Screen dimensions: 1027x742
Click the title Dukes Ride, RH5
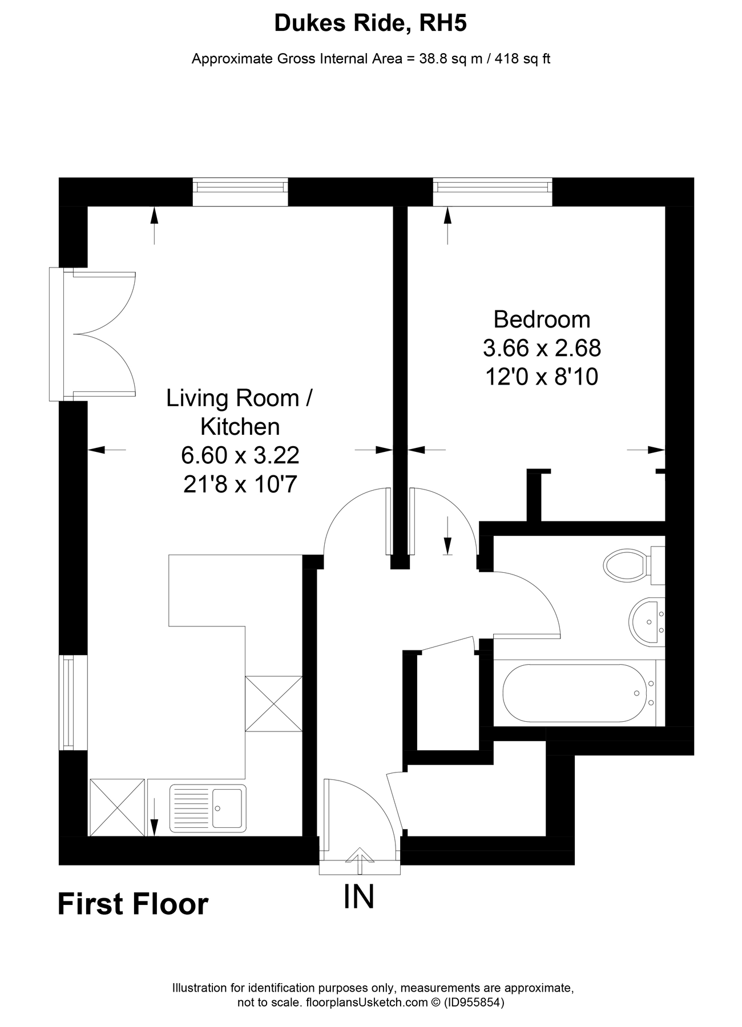(x=370, y=23)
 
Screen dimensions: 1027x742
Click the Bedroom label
(x=542, y=320)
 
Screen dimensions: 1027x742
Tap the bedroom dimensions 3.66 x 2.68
(x=542, y=347)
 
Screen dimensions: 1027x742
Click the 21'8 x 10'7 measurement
(x=240, y=484)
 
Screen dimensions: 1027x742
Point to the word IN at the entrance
(x=359, y=897)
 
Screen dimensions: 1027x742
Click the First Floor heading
(x=133, y=904)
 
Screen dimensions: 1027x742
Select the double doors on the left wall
(x=94, y=334)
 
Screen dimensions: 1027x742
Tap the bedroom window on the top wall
(x=493, y=192)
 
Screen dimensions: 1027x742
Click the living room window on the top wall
(x=240, y=192)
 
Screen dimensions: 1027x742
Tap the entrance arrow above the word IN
(x=360, y=860)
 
